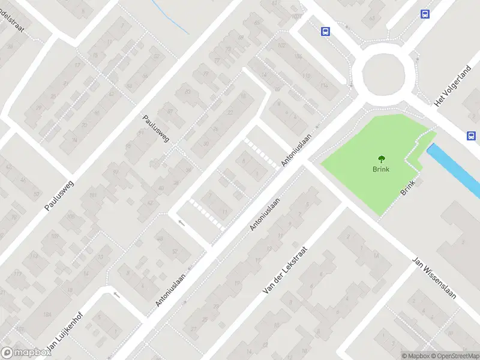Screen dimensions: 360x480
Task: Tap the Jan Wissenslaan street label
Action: click(x=435, y=279)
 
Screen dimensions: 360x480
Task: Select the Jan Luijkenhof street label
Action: click(x=62, y=334)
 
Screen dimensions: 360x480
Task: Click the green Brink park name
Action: click(x=380, y=169)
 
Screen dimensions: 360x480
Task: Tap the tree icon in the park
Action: click(x=380, y=160)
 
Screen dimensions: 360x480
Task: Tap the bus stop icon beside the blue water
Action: click(x=472, y=136)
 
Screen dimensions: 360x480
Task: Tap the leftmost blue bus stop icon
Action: click(x=325, y=32)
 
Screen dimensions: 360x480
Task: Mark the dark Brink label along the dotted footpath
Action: click(x=408, y=187)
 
